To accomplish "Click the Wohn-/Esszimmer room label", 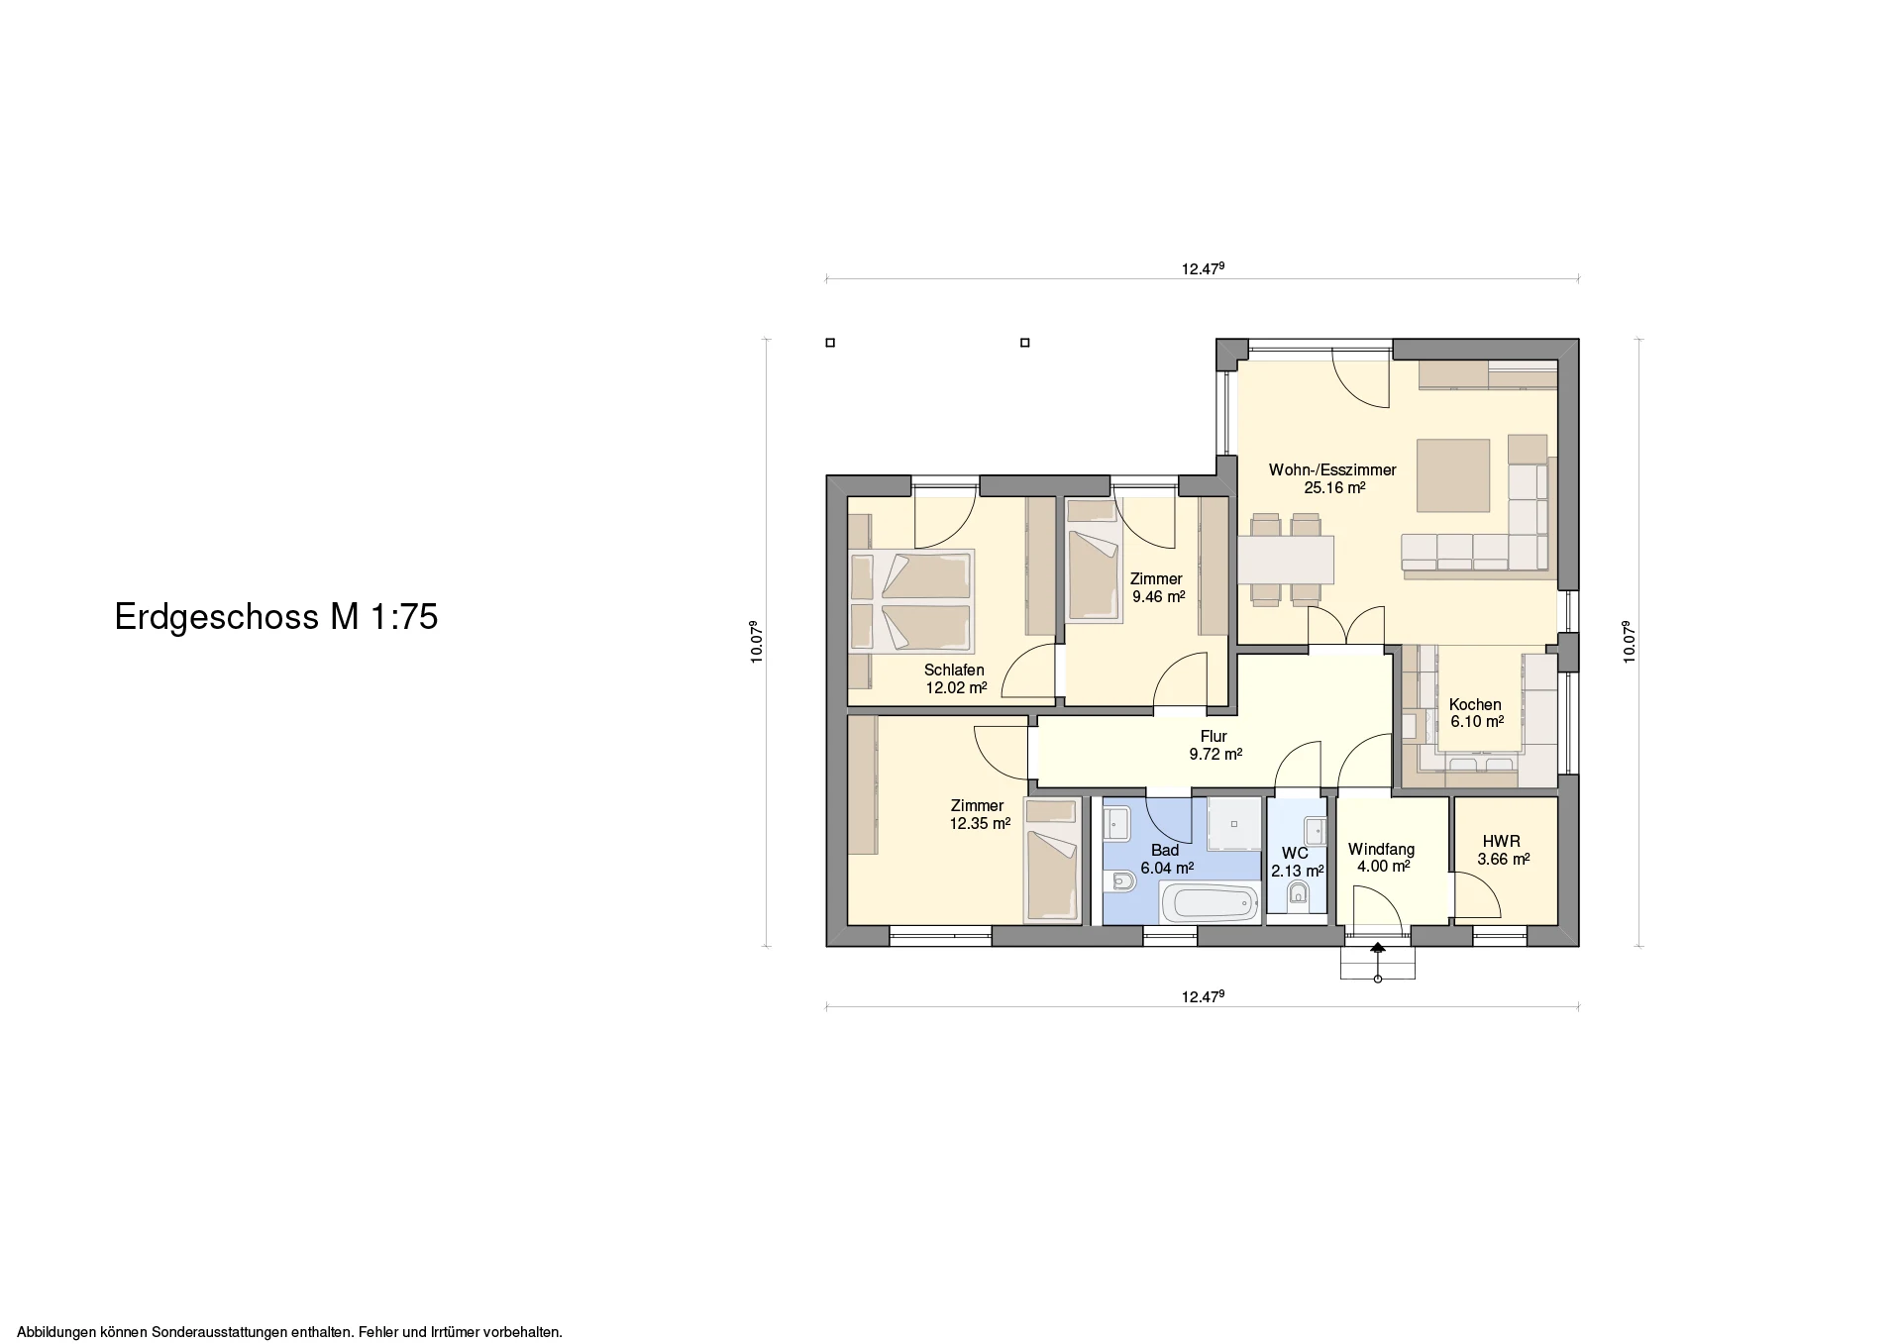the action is coord(1332,470).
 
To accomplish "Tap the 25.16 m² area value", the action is coord(1334,487).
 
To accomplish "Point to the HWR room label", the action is coord(1502,842).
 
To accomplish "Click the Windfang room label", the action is coord(1381,850).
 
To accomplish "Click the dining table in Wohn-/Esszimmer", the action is coord(1286,560).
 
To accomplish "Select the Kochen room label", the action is coord(1475,705).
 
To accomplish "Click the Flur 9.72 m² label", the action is coord(1215,745).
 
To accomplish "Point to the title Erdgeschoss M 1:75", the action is coord(276,617).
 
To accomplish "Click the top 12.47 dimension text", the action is coord(1203,268).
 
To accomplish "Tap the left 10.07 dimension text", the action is coord(756,642).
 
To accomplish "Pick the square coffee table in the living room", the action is coord(1453,475).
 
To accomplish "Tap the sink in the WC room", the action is coord(1315,828).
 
